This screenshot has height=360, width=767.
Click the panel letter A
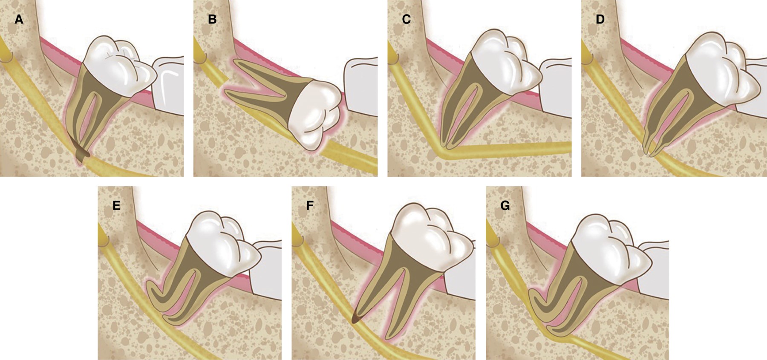(19, 20)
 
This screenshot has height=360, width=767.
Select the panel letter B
(212, 20)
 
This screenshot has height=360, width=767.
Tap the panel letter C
(406, 20)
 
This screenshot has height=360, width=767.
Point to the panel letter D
(600, 20)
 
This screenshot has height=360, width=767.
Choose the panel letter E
(116, 206)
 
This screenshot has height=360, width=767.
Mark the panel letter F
(310, 206)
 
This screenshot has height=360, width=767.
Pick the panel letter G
(505, 206)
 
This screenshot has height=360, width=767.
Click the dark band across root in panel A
(81, 153)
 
